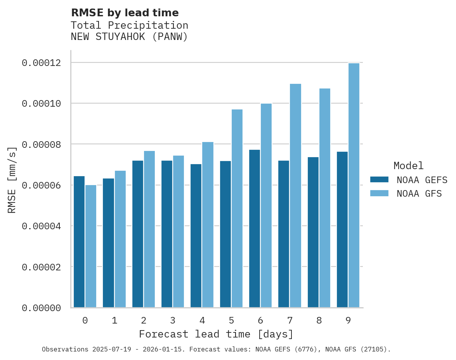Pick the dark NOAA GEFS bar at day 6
255,228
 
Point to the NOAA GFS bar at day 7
295,196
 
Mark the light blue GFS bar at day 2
149,229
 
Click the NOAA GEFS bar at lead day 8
313,232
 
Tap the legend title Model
408,166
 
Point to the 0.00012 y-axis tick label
41,63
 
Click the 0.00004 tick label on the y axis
41,226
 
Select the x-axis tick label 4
202,321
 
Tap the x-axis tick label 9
348,321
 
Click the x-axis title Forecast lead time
216,334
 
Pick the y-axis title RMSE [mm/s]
12,180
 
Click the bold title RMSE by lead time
125,13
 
